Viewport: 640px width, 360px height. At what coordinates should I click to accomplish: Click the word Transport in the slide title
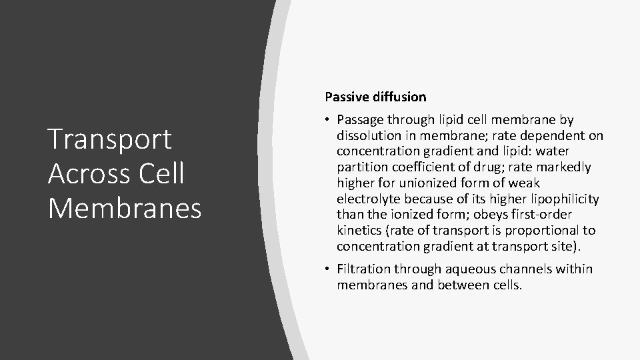(110, 139)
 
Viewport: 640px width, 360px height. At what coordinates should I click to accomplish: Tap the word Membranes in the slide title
(125, 208)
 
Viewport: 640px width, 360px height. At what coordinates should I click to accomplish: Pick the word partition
(361, 167)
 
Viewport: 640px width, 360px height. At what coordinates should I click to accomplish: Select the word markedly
(566, 167)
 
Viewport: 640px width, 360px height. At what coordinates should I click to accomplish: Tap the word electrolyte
(366, 199)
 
